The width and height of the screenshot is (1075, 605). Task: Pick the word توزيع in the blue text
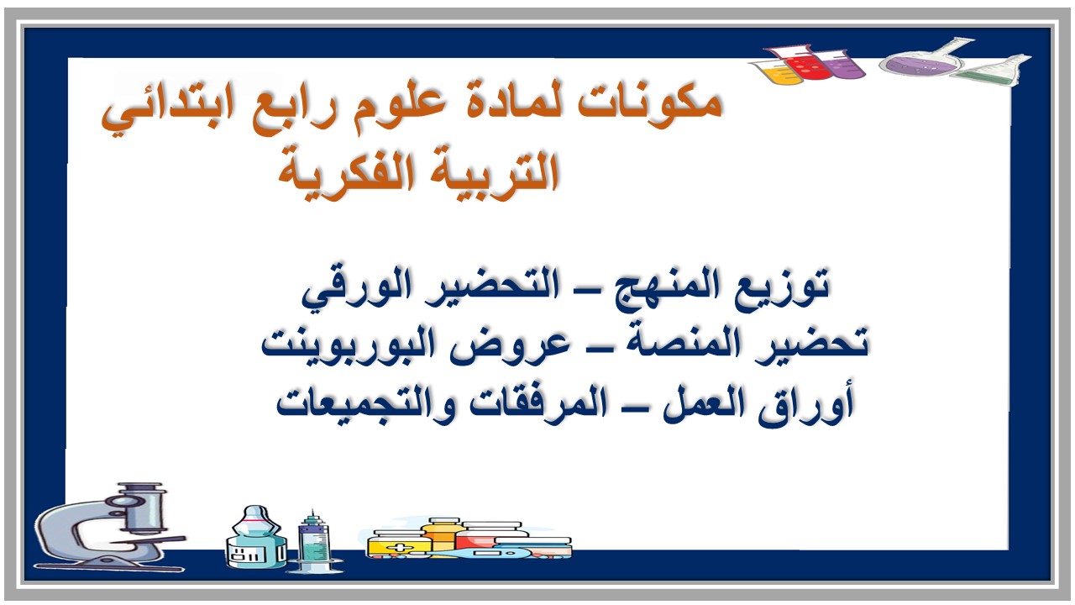click(784, 286)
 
